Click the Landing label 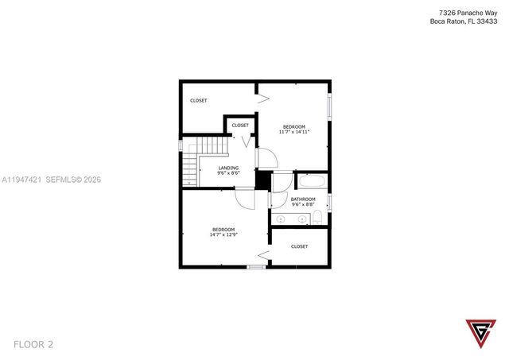click(x=229, y=168)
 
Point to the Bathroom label click(x=303, y=199)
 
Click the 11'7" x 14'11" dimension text click(x=294, y=132)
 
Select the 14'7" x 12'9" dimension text click(x=223, y=234)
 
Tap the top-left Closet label click(x=199, y=100)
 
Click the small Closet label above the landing click(x=240, y=125)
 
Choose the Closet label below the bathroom click(x=300, y=246)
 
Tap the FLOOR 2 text click(x=33, y=344)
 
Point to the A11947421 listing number click(x=21, y=180)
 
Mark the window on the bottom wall click(x=255, y=267)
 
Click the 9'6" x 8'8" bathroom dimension click(x=303, y=205)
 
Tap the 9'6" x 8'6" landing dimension click(x=229, y=173)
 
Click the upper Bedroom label click(x=294, y=126)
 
